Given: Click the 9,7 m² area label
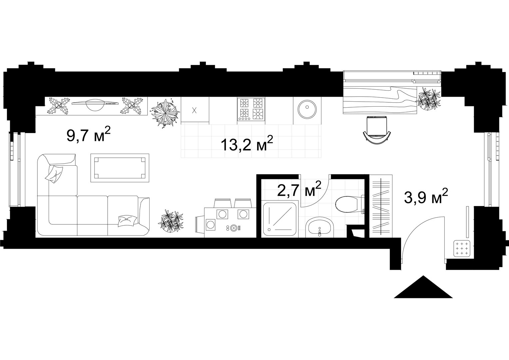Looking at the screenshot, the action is click(x=88, y=134).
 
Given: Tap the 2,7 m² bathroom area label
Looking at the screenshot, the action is click(x=299, y=189).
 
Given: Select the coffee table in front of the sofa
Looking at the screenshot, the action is click(x=120, y=168).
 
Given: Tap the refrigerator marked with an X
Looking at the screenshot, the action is click(x=195, y=111).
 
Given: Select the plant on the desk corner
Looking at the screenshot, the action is click(x=429, y=99).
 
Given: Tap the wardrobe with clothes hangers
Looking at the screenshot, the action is click(x=381, y=206).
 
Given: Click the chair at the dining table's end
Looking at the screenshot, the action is click(x=200, y=224).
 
